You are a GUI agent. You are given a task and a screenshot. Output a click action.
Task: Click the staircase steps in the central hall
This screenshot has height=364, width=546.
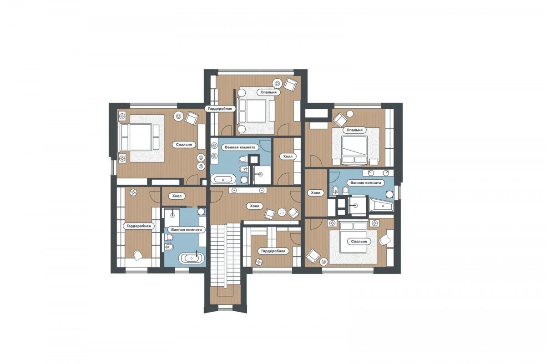click(226, 255)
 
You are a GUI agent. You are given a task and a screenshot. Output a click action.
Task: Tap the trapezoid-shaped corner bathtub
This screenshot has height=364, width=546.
click(381, 206)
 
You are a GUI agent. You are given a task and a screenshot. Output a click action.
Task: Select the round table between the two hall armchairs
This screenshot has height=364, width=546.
click(282, 212)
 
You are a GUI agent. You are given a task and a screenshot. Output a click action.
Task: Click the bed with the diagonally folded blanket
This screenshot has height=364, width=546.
click(355, 150)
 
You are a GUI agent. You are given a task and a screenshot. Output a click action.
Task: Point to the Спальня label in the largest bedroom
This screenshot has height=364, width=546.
click(184, 145)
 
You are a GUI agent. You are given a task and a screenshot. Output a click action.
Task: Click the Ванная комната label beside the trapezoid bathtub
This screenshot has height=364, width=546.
click(365, 182)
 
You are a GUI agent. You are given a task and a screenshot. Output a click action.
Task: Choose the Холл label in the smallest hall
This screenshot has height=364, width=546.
click(177, 196)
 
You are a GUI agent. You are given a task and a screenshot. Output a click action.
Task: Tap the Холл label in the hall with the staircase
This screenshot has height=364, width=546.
click(255, 206)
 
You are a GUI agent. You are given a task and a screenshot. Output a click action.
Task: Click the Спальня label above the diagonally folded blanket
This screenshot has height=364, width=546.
click(354, 130)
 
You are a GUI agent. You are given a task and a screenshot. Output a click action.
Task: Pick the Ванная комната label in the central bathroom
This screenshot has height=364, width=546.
click(240, 147)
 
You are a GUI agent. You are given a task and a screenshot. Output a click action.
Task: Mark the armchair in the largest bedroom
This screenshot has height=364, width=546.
click(192, 118)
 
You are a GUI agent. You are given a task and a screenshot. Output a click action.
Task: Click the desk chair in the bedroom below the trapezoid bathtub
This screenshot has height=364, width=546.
click(384, 240)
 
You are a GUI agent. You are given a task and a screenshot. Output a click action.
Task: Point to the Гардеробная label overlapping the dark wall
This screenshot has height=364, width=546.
click(220, 108)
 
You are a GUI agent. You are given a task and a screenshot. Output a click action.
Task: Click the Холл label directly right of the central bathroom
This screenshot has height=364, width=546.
click(288, 156)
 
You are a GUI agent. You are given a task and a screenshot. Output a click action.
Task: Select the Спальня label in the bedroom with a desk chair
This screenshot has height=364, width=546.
click(359, 241)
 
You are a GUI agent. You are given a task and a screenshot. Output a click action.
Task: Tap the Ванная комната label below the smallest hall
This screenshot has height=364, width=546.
click(187, 230)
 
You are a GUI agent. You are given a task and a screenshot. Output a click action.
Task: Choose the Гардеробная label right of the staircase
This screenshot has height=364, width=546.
click(273, 251)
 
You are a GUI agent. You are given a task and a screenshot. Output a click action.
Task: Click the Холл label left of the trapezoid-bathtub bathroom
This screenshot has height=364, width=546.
click(316, 193)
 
